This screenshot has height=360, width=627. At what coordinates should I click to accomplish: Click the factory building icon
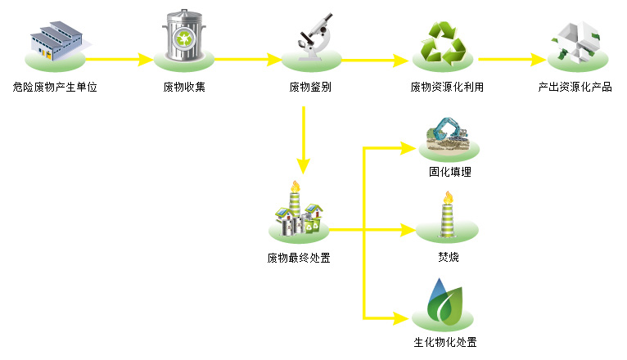55,41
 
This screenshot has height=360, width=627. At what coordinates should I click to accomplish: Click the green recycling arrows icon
442,43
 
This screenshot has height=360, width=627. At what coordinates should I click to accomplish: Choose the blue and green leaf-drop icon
446,301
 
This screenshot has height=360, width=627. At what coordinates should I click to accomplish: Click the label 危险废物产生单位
56,87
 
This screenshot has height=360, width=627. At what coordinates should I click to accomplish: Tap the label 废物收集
184,87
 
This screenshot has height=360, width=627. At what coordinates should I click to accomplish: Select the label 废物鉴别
310,87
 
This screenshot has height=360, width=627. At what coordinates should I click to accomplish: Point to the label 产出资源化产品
575,87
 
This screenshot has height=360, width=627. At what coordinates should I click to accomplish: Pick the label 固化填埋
449,173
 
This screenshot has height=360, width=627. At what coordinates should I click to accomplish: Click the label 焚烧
448,258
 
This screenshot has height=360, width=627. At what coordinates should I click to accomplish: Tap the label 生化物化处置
445,341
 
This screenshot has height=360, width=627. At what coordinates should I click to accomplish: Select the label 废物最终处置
299,259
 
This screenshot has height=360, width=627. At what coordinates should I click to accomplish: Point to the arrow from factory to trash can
120,59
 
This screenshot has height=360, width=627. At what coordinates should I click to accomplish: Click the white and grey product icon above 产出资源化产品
578,41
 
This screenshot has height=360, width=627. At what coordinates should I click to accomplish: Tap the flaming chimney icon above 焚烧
447,215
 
